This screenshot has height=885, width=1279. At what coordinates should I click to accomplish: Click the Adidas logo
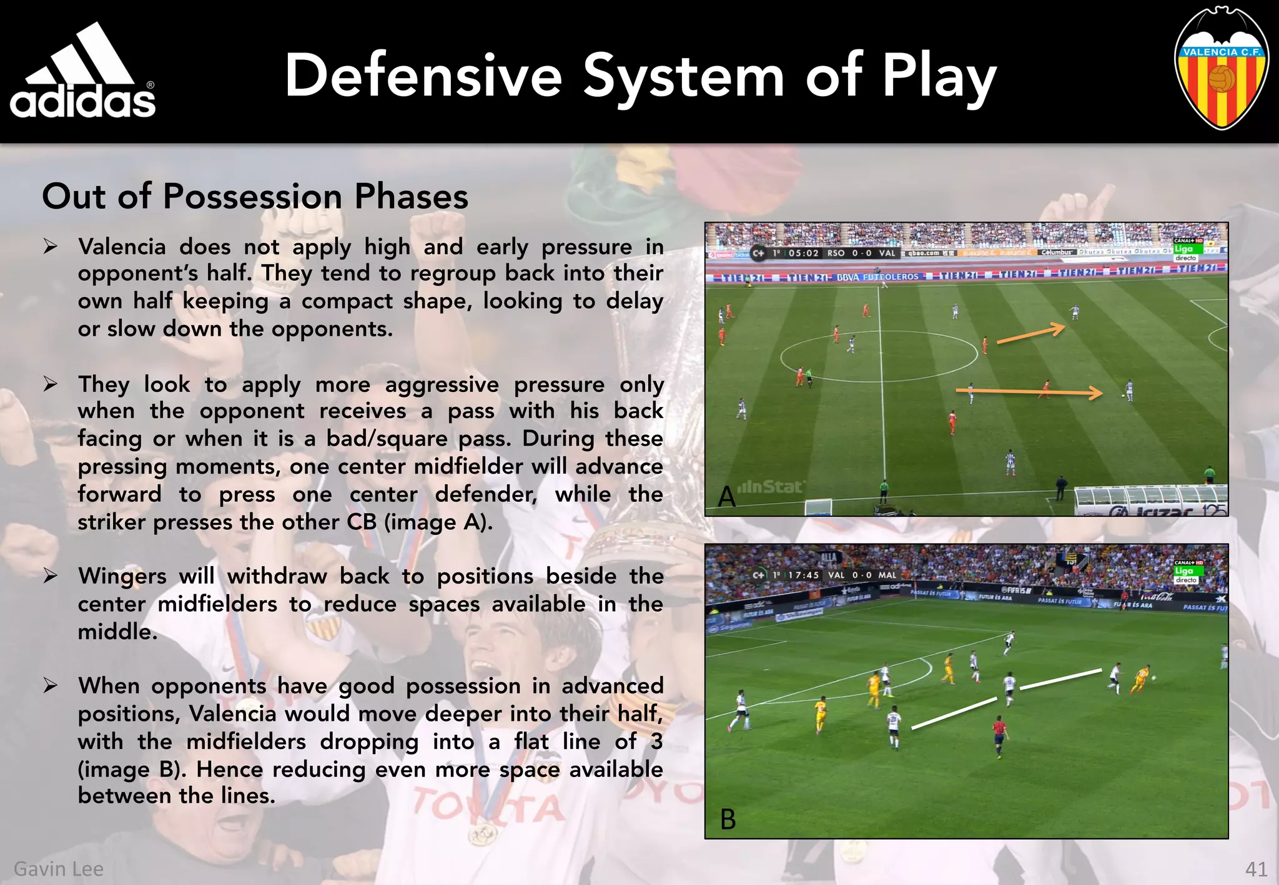click(82, 72)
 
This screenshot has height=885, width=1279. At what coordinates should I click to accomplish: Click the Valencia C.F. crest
click(1221, 69)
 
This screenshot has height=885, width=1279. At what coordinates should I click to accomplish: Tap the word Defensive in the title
click(423, 76)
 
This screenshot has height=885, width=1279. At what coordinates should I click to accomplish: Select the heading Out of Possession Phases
click(255, 196)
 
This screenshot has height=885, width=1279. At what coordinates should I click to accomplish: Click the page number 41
click(1256, 869)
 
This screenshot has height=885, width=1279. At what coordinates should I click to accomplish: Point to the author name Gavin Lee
click(59, 869)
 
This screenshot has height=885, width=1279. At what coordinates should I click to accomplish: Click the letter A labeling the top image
click(726, 497)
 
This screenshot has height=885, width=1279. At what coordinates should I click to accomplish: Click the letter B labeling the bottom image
click(728, 819)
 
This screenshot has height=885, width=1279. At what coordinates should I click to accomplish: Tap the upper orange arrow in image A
click(1030, 333)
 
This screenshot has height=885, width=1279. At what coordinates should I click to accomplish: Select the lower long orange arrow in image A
click(1029, 392)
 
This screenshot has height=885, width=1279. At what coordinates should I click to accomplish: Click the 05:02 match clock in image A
click(803, 253)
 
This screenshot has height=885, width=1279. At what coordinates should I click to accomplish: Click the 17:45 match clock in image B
click(803, 575)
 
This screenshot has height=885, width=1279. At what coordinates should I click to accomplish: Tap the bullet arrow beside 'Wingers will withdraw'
click(51, 575)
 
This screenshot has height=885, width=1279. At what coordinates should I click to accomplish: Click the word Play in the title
click(939, 77)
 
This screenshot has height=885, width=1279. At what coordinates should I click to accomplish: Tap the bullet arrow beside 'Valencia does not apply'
click(51, 247)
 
